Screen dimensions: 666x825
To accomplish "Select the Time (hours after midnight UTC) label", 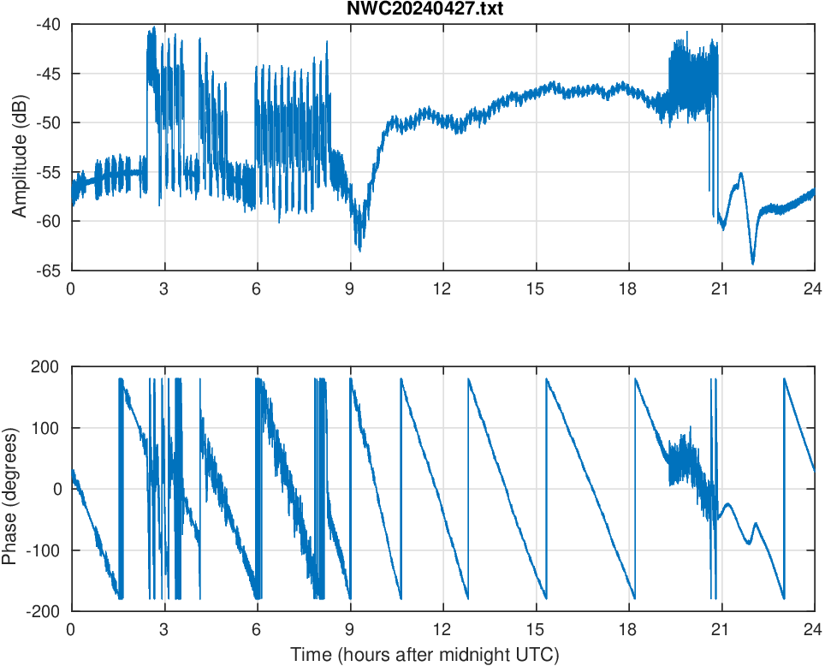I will [424, 656].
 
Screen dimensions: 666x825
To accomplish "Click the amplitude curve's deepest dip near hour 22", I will [753, 263].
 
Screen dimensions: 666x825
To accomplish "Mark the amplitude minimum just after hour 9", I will [360, 250].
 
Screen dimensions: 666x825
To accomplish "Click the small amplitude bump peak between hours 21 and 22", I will [741, 174].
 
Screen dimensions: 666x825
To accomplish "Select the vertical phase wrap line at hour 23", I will [784, 488].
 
